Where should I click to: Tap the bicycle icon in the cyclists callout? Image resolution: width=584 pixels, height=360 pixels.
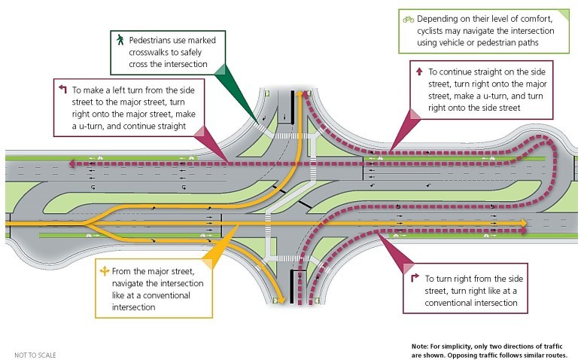pyautogui.click(x=409, y=18)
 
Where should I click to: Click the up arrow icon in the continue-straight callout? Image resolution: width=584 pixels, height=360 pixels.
pyautogui.click(x=419, y=71)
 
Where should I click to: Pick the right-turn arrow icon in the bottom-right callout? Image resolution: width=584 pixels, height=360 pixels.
pyautogui.click(x=415, y=277)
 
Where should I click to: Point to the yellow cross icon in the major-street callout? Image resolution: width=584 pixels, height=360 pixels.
pyautogui.click(x=105, y=269)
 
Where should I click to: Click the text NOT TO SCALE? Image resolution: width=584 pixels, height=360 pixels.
pyautogui.click(x=35, y=353)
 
